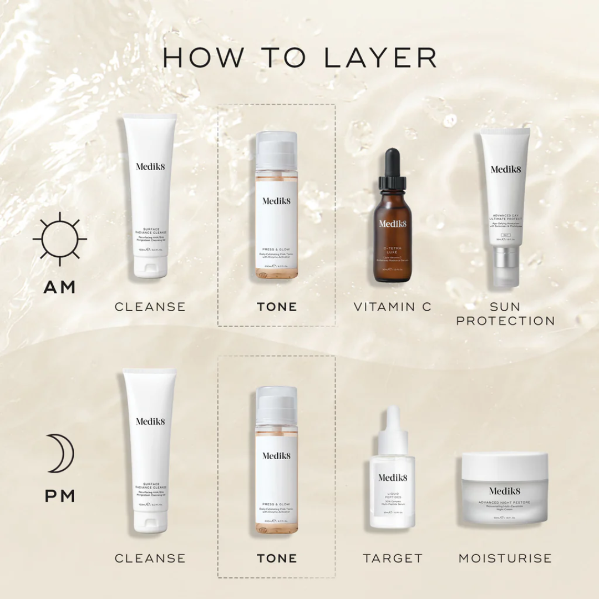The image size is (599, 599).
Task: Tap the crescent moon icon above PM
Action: point(60,454)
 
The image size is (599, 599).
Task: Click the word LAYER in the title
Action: point(380,58)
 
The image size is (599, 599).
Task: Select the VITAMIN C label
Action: point(392,307)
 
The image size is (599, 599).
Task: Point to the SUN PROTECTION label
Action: point(505,314)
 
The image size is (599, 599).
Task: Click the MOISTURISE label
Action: point(505,559)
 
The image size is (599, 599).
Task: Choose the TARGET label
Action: point(393,559)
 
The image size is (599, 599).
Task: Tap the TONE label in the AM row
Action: point(277,307)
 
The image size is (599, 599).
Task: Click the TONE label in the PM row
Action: point(277,559)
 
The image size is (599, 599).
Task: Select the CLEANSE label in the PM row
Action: point(150,559)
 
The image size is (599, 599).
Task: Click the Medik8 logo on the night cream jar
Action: point(505,491)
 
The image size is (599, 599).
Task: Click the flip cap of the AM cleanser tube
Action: point(150,268)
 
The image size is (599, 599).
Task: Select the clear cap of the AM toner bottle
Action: point(277,150)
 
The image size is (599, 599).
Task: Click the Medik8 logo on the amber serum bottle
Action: point(393,224)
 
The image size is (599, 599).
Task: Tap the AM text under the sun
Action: point(60,287)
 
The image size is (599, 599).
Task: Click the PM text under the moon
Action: point(60,496)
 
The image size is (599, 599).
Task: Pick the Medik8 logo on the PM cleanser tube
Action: point(150,422)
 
